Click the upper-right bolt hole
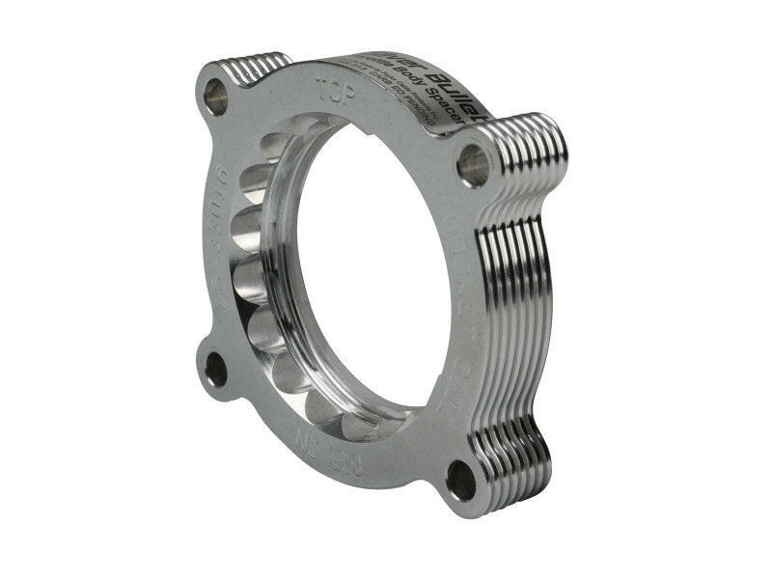point(474,164)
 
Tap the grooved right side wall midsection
point(521,289)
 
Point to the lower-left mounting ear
point(217,372)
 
